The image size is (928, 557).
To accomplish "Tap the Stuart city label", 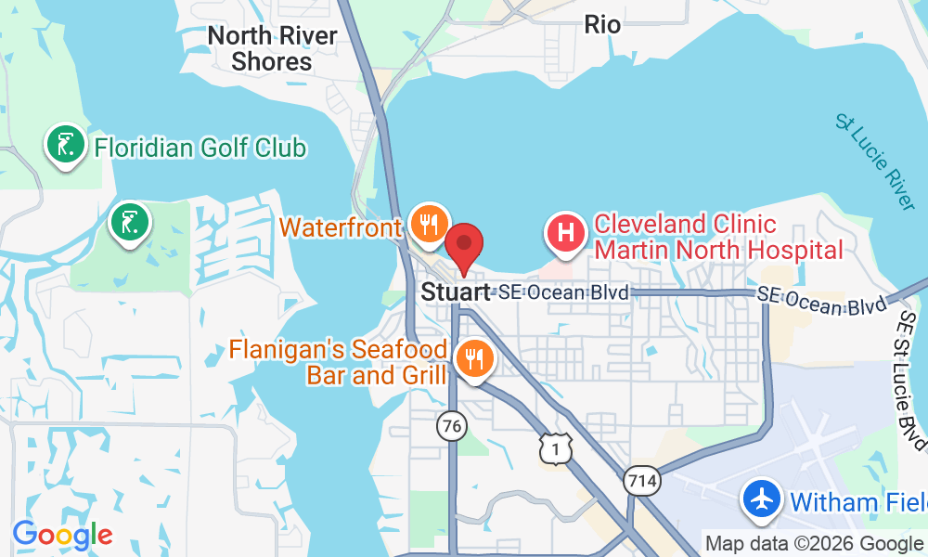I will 456,292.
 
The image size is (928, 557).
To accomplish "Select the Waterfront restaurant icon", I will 428,226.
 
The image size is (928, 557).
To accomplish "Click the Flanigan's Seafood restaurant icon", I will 474,358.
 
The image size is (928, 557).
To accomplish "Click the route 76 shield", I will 450,426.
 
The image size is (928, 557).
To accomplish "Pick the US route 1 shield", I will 555,448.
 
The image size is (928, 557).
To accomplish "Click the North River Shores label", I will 272,49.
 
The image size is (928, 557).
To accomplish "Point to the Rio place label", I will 602,24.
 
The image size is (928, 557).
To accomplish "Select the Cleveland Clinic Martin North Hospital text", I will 718,237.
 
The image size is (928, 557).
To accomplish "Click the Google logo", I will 62,534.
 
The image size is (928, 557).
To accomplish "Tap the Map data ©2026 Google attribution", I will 814,544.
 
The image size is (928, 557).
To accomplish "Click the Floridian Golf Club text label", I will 200,147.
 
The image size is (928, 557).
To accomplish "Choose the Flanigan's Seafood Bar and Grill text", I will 339,363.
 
